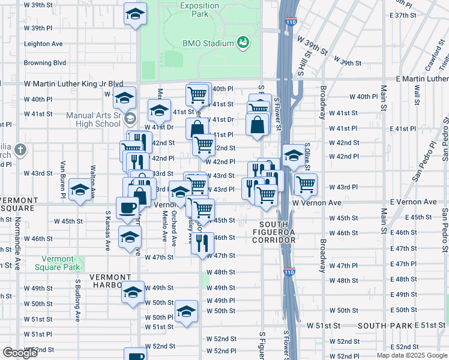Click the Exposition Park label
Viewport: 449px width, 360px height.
[199, 8]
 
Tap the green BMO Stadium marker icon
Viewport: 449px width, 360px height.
[243, 43]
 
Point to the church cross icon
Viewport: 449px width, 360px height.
[20, 149]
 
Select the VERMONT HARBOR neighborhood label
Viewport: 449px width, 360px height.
[110, 277]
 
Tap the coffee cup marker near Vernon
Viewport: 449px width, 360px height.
[127, 208]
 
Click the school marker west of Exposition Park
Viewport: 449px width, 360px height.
[136, 13]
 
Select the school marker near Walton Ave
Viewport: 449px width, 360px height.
[80, 190]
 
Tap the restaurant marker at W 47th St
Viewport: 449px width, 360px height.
[202, 242]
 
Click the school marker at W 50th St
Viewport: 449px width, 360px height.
[187, 311]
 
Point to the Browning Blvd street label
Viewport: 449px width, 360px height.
[44, 62]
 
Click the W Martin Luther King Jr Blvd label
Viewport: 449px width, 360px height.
[73, 84]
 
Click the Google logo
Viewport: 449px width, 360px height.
[20, 353]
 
